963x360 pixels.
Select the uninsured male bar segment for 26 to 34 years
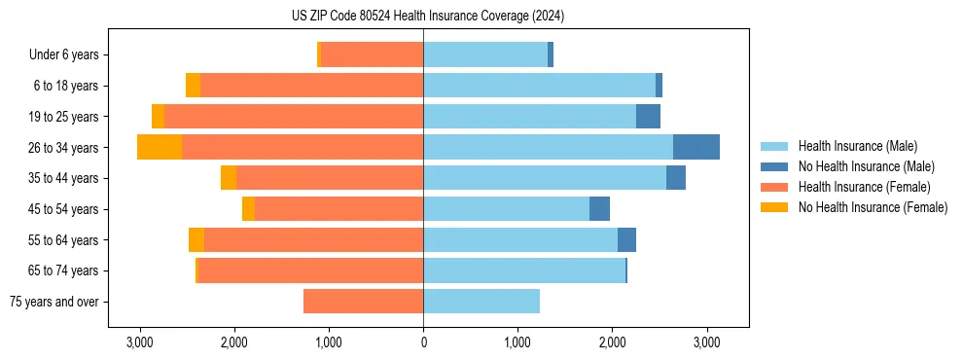(695, 147)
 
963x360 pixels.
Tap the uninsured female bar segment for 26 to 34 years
(160, 147)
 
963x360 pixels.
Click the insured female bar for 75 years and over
(363, 302)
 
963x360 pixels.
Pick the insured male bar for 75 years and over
(481, 302)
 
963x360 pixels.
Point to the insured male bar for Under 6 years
(485, 54)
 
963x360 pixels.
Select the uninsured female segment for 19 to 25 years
(158, 116)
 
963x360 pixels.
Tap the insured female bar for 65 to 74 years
(310, 270)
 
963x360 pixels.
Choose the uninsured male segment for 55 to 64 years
(626, 239)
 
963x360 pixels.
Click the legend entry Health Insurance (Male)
(852, 146)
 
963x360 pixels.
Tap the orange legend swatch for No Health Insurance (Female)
(775, 207)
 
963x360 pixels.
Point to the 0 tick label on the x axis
(423, 342)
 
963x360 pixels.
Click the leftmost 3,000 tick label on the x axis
(140, 342)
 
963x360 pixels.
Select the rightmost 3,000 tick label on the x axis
(707, 342)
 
